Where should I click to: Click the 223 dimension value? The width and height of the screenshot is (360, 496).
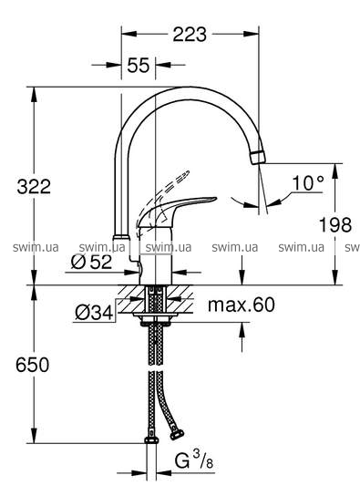(190, 34)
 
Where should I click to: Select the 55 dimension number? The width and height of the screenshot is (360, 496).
(139, 65)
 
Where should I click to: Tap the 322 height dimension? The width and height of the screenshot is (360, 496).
(34, 186)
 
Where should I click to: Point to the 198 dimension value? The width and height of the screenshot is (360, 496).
(335, 225)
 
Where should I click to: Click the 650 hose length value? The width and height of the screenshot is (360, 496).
(33, 365)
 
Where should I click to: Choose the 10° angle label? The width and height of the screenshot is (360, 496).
(308, 183)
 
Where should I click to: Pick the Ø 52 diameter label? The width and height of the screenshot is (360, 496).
(91, 262)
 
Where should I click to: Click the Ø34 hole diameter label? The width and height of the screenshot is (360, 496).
(94, 313)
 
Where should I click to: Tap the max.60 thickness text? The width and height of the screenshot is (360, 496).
(242, 305)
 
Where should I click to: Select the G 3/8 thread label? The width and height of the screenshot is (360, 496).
(194, 460)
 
